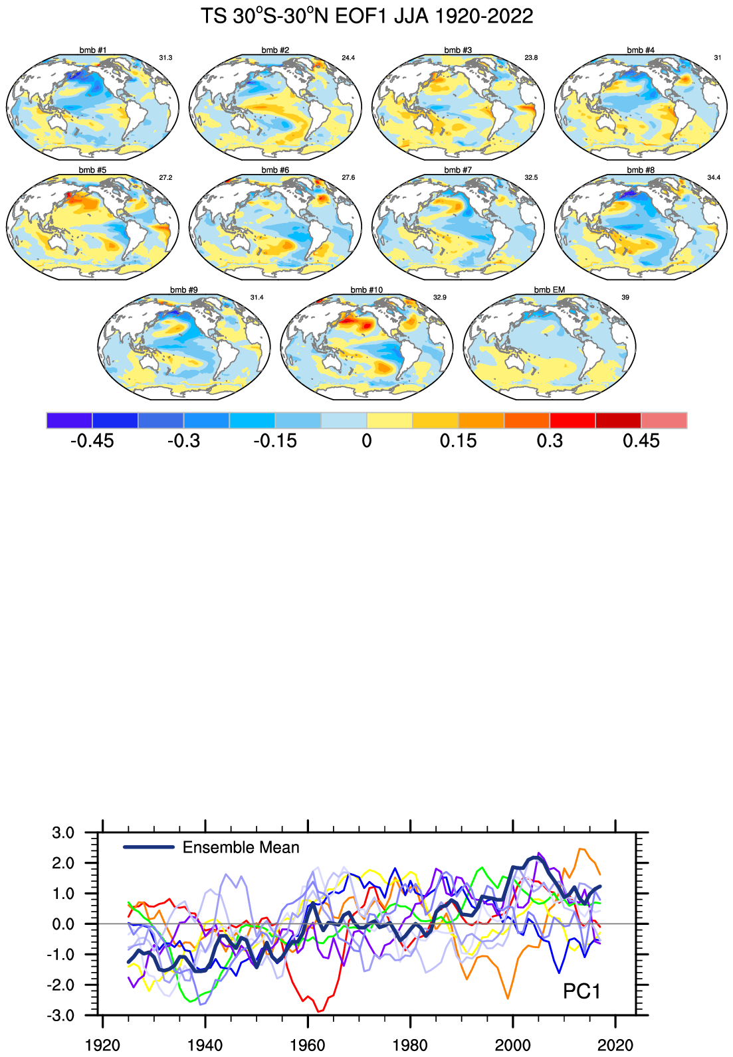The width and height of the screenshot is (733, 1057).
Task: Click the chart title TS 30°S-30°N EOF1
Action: [367, 16]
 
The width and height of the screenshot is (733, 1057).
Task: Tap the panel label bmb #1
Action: [92, 50]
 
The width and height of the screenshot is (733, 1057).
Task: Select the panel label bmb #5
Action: [92, 170]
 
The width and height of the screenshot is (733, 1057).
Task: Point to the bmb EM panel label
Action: [550, 290]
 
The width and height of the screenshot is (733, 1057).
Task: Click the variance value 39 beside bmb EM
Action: [625, 297]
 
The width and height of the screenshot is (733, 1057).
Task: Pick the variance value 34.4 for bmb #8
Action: [714, 178]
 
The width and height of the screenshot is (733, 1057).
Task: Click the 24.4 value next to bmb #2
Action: [348, 58]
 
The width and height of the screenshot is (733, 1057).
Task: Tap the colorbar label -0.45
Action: [92, 441]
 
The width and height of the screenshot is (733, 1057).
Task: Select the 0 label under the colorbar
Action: [367, 441]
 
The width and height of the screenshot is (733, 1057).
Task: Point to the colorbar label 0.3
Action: [550, 441]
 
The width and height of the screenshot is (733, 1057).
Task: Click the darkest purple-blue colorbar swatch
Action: [69, 420]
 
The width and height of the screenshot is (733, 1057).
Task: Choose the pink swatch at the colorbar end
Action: [664, 420]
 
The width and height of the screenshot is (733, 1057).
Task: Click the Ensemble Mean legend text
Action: [241, 848]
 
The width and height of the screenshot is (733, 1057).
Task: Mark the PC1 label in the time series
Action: [581, 991]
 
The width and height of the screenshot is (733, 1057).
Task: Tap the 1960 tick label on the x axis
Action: [308, 1045]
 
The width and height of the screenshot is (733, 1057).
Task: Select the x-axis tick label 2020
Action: [615, 1045]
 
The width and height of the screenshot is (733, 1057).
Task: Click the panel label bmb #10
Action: [367, 290]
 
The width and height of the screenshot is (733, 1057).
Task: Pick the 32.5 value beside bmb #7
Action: [531, 178]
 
